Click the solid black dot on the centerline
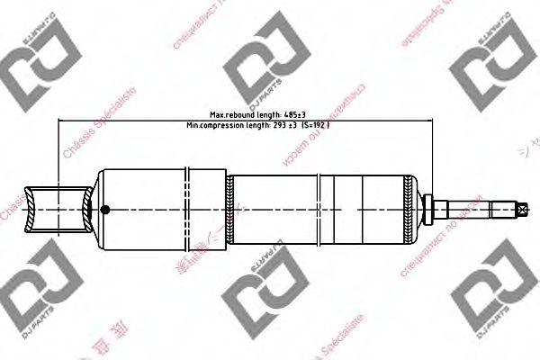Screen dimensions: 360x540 (104, 210)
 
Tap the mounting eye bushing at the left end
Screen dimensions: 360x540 (59, 210)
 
